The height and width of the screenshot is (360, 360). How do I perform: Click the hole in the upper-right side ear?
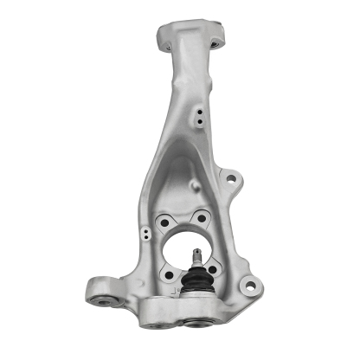click(229, 179)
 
